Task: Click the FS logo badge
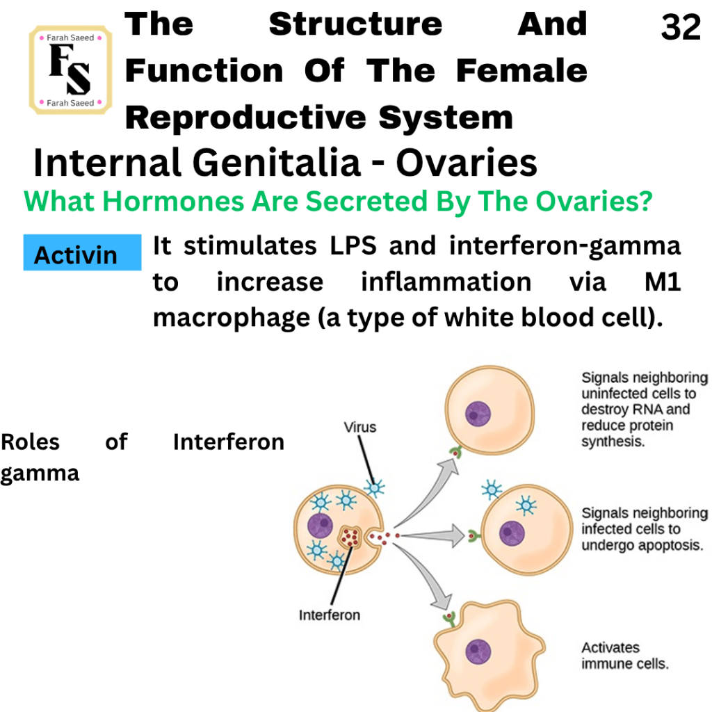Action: tap(70, 70)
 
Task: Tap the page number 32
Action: tap(681, 27)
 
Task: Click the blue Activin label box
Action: tap(82, 252)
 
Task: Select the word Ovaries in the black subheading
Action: tap(467, 163)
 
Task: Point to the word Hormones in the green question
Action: tap(180, 201)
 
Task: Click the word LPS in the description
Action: tap(353, 245)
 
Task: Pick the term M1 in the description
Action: tap(663, 282)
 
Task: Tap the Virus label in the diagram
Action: tap(360, 428)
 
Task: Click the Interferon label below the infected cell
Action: tap(329, 615)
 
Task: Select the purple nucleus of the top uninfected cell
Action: tap(478, 414)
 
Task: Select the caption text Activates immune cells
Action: tap(625, 655)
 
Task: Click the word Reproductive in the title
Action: tap(245, 118)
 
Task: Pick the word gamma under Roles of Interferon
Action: tap(40, 474)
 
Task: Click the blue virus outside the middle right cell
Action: tap(492, 489)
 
